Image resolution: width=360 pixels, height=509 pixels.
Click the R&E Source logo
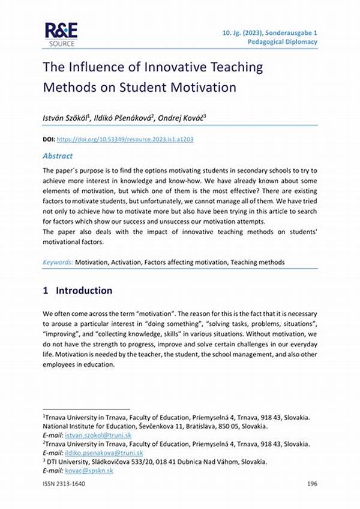pos(61,35)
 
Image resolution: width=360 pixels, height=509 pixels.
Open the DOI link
pos(125,139)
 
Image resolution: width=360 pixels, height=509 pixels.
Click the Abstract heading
pos(58,155)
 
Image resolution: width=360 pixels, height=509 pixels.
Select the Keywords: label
pos(58,262)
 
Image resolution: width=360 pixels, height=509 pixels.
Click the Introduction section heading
pos(84,291)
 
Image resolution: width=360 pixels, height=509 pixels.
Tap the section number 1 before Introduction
pos(46,291)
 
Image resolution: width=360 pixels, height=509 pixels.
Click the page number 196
pos(311,484)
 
